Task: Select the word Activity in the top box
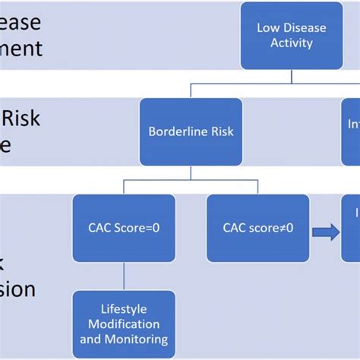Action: point(292,43)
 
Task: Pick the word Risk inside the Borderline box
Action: point(219,131)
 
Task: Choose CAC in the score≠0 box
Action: point(237,226)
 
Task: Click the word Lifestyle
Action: point(125,309)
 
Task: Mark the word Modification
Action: point(125,324)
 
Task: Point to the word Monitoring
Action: point(138,339)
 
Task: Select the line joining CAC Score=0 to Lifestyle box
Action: point(124,276)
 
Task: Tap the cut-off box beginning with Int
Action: point(350,131)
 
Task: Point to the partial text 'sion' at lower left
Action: point(18,289)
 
